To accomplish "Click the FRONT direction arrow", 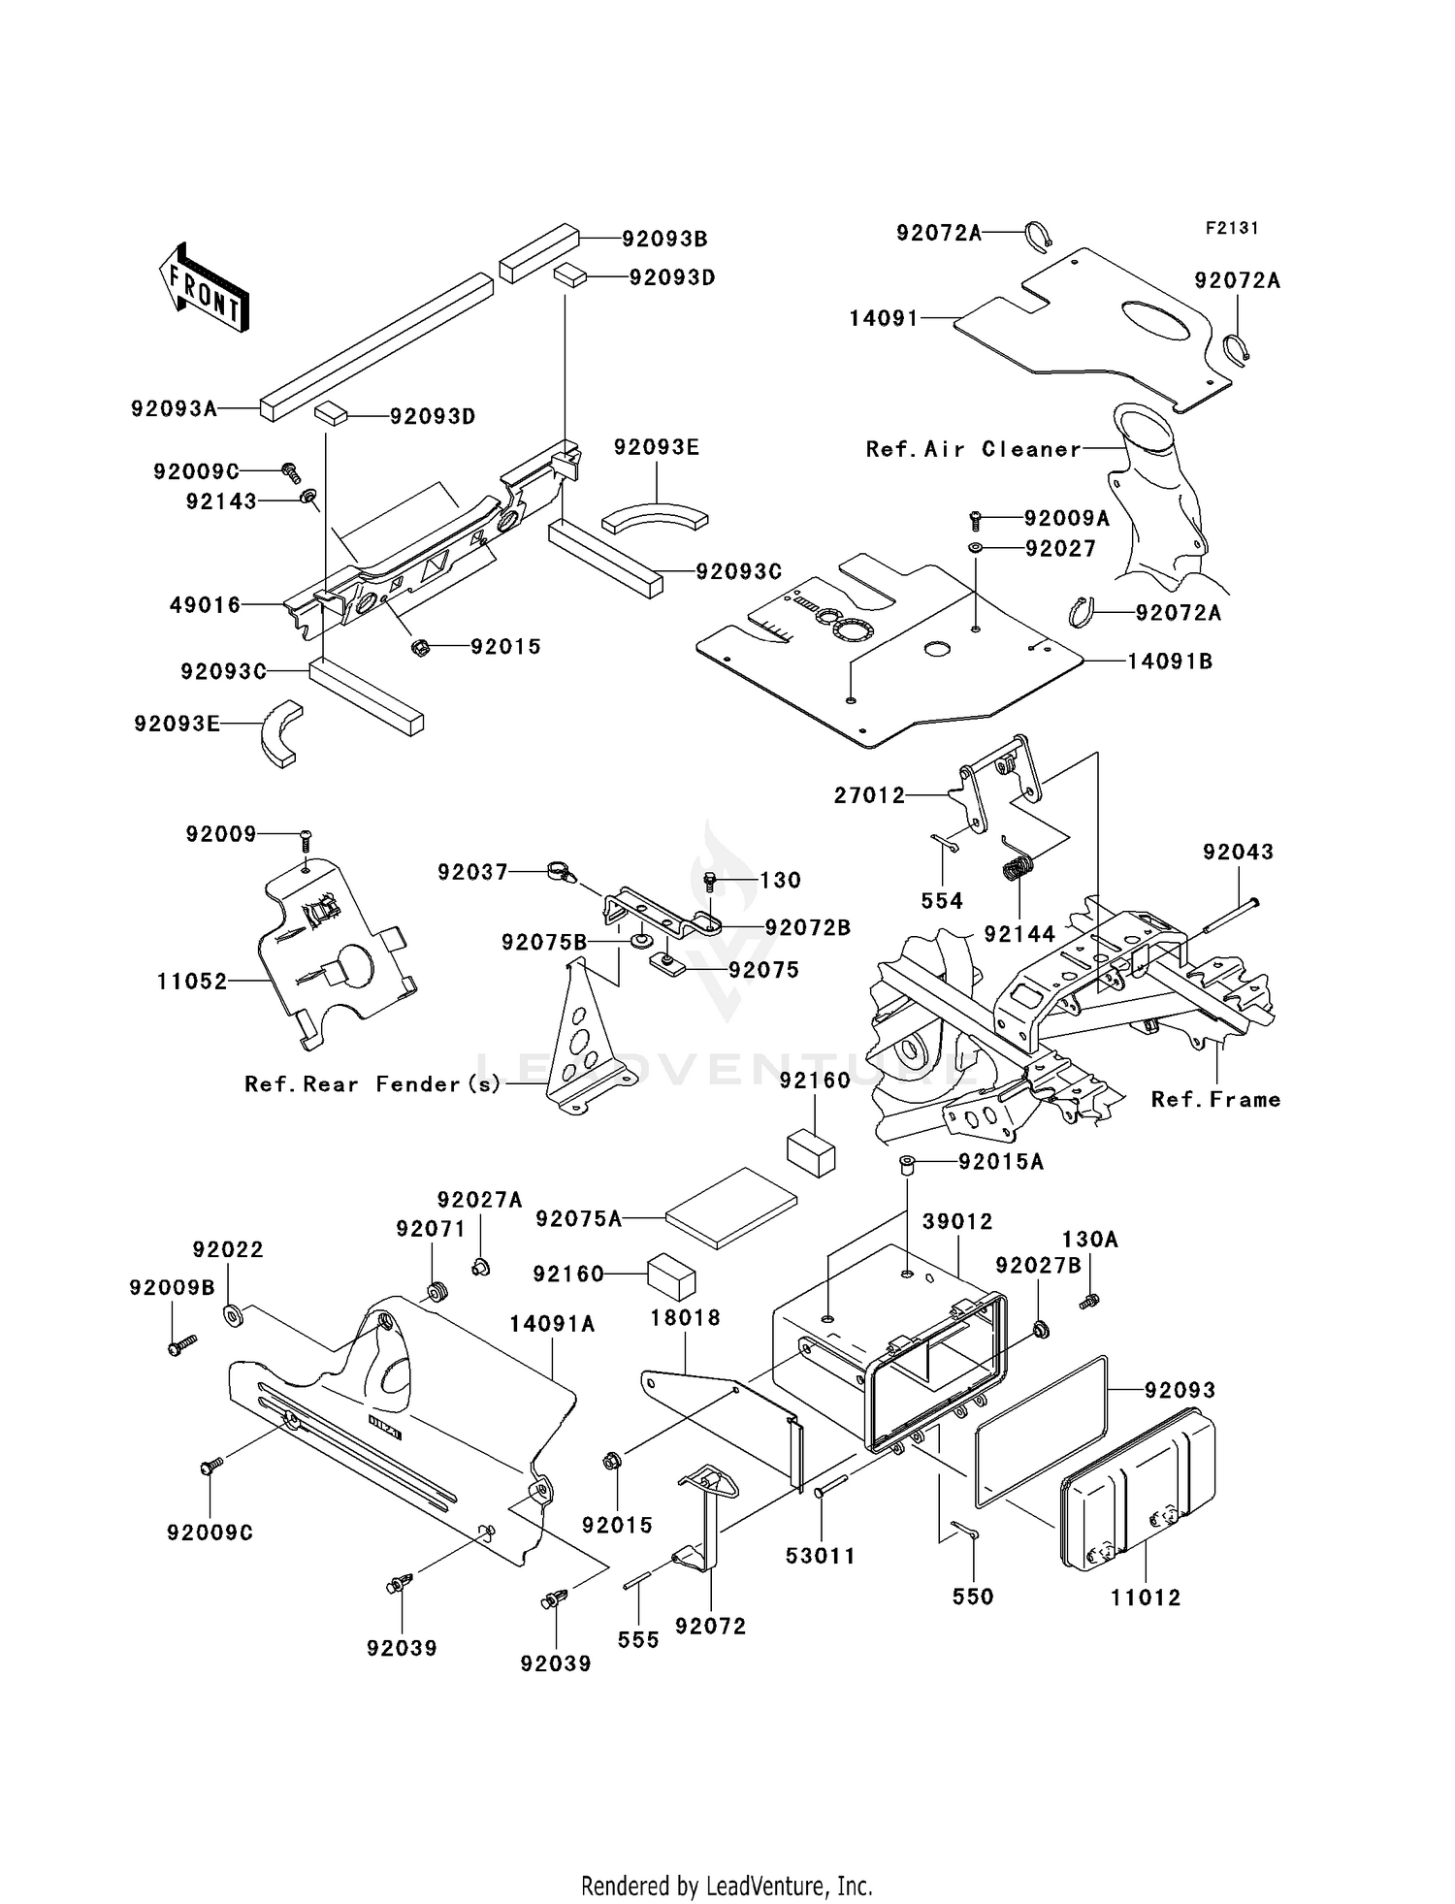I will tap(205, 289).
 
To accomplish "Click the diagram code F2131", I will tap(1231, 228).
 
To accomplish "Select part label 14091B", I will tap(1169, 662).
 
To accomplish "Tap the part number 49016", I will tap(205, 605).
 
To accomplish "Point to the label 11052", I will tap(192, 982).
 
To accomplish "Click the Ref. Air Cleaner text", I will tap(973, 449).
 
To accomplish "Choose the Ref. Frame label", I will tap(1215, 1100).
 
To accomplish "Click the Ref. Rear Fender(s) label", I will tap(372, 1084).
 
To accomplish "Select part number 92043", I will tap(1238, 852).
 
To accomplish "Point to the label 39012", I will tap(956, 1221).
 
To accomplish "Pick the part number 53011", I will tap(820, 1557).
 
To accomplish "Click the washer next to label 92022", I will tap(233, 1315).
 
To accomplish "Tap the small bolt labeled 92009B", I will tap(181, 1345).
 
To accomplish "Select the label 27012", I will tap(869, 795).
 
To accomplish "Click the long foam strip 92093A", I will tap(373, 346).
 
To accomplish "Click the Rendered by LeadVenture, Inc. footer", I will tap(727, 1886).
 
